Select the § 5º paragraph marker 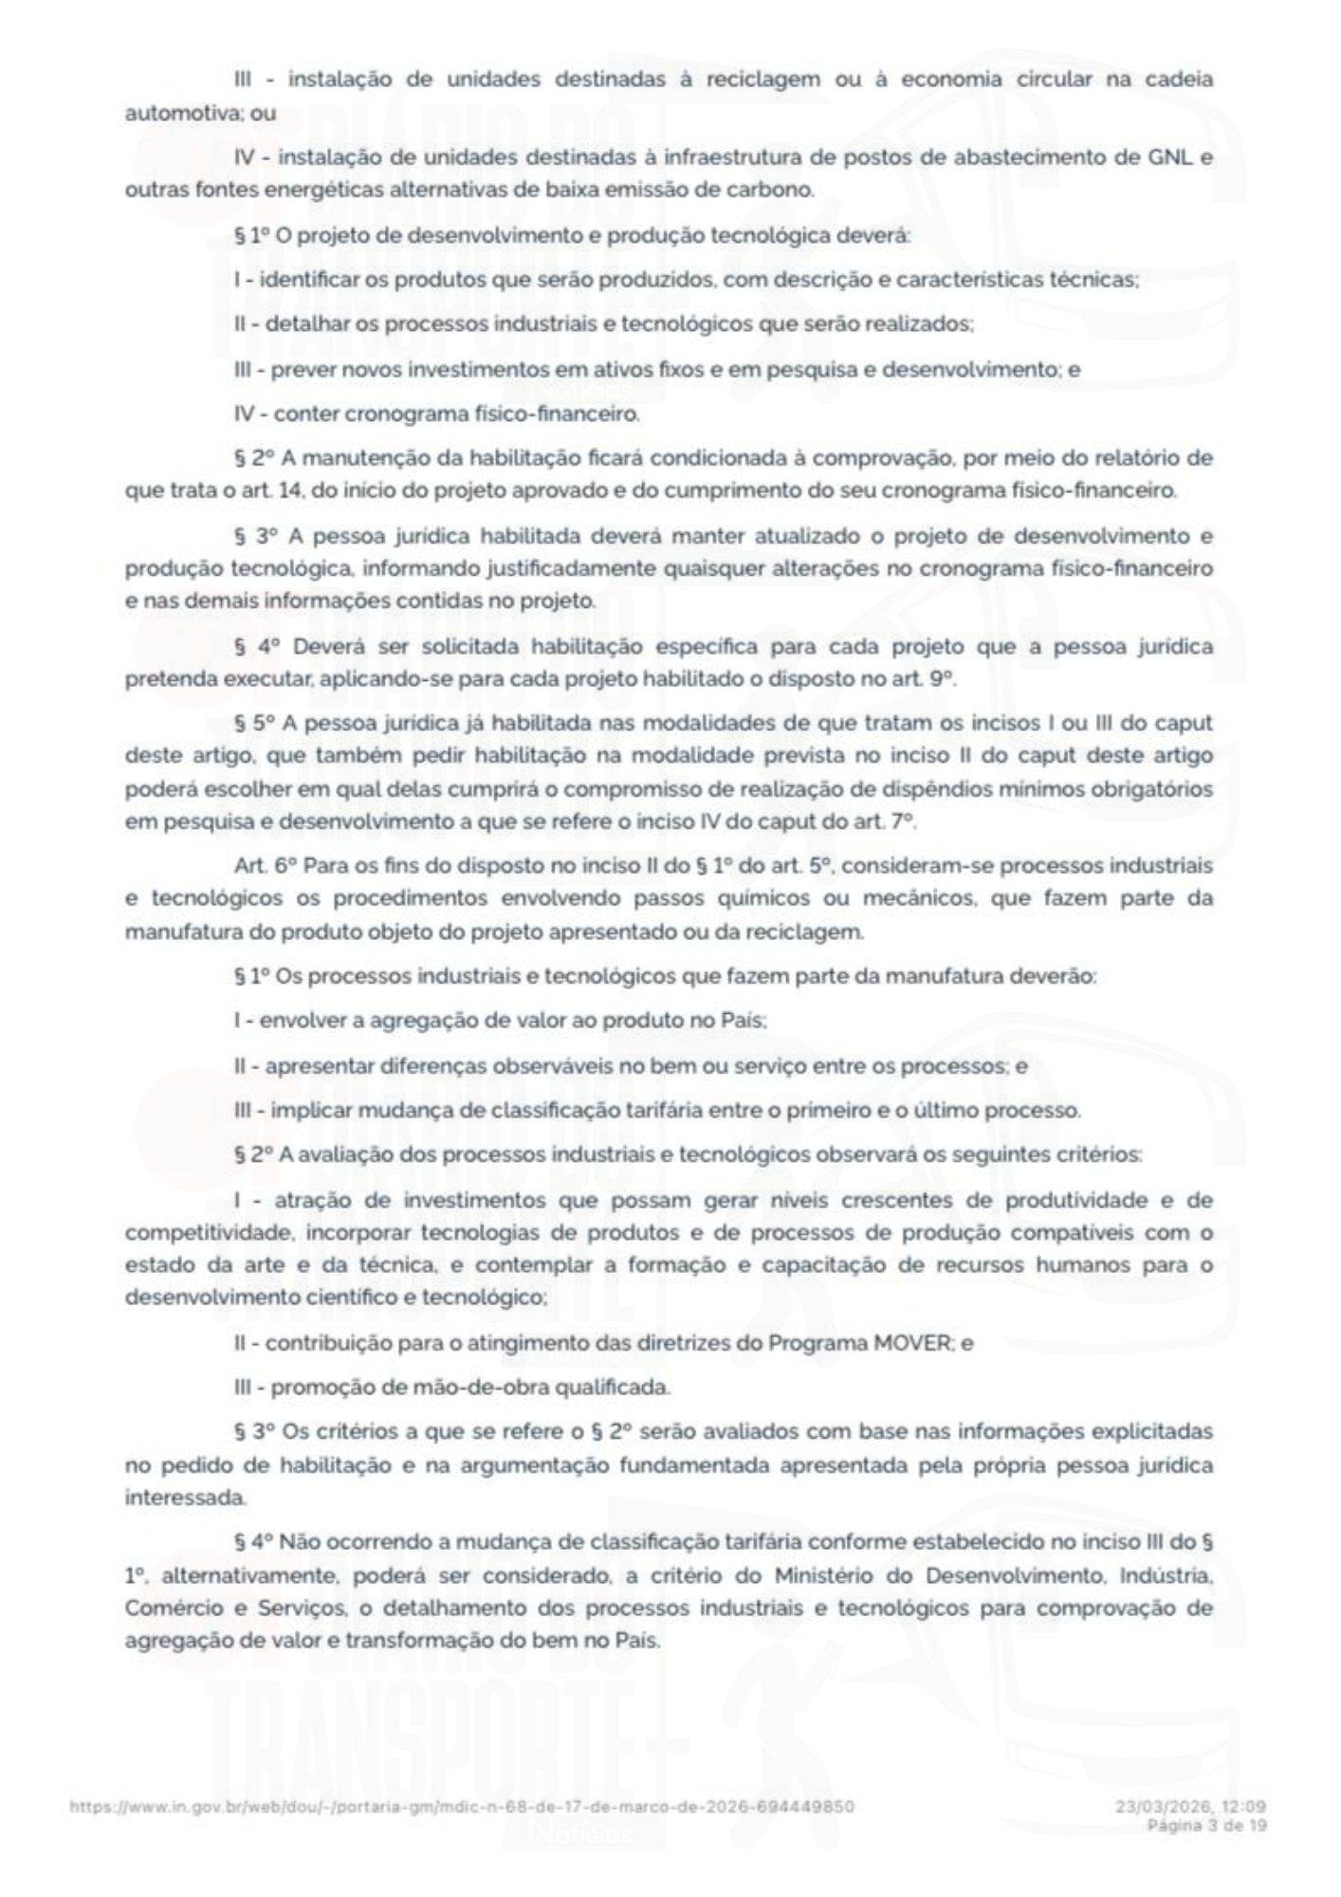pyautogui.click(x=254, y=724)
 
